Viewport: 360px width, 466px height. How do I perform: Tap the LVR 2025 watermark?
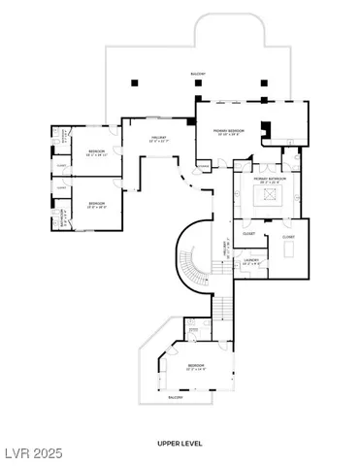coord(29,452)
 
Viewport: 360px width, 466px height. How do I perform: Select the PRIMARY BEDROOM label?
coord(229,131)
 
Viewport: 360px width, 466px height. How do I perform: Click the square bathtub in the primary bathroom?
coord(267,197)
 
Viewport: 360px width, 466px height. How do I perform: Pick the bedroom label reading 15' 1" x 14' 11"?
coord(97,153)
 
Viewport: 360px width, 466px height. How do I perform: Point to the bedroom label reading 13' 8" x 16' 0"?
coord(97,205)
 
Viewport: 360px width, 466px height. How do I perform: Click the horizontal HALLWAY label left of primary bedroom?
coord(159,139)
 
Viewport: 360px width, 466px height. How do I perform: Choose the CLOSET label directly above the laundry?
coord(248,233)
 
